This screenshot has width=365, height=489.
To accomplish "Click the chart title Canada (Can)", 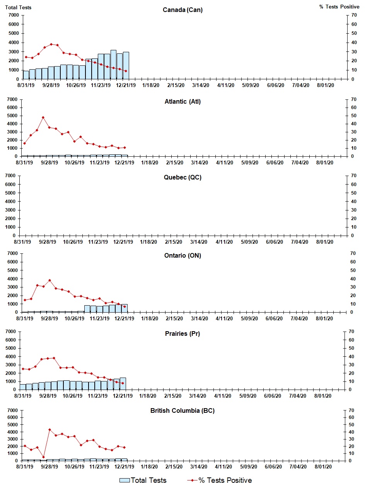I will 182,10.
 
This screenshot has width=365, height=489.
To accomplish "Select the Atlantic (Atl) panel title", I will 182,102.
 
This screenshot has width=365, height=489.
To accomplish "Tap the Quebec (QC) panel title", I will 182,178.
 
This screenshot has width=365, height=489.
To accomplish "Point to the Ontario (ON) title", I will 182,255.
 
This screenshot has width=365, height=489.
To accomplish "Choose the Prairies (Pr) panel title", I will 182,333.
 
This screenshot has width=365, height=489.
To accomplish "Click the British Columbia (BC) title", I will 182,410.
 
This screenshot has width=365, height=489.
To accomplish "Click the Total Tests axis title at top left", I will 18,7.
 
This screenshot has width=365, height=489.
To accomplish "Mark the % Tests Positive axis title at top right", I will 339,7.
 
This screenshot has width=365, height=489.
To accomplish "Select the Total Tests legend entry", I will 143,480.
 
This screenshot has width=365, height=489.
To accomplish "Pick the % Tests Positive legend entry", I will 219,480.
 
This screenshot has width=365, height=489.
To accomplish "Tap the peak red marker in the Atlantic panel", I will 43,117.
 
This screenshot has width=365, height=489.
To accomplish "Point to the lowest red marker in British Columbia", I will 43,457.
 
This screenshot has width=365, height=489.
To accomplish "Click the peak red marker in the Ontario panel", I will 49,280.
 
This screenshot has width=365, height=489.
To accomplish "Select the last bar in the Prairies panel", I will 123,383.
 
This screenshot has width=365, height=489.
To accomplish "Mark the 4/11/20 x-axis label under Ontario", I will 224,318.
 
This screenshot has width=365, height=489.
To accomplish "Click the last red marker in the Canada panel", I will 126,71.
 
